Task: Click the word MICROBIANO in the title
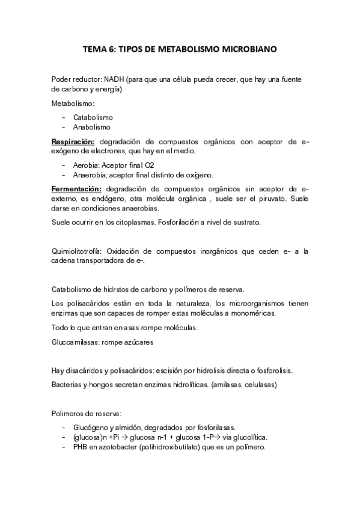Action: point(248,51)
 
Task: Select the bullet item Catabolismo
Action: point(93,117)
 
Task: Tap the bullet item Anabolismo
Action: point(92,127)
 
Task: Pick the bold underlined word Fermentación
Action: point(76,188)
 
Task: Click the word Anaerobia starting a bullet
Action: point(90,174)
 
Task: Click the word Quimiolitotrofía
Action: point(78,251)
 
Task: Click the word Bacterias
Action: point(68,384)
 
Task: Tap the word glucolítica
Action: point(247,437)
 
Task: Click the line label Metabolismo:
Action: point(69,103)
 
